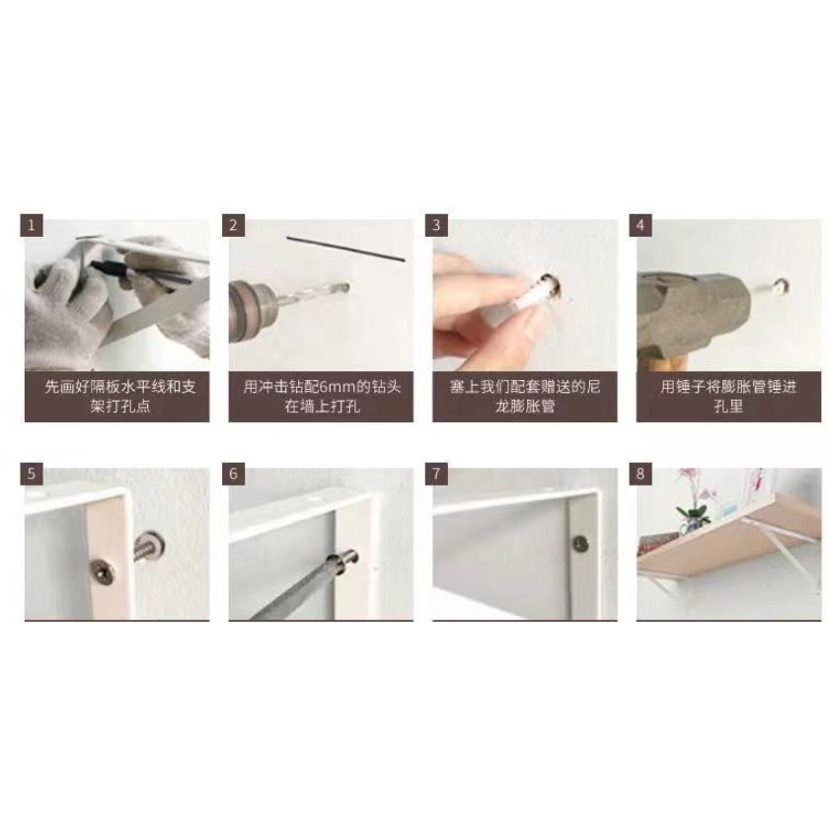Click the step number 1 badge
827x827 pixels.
click(x=32, y=225)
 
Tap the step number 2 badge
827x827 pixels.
click(x=233, y=225)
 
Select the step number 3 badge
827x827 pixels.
click(x=436, y=225)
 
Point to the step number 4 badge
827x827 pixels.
click(x=640, y=225)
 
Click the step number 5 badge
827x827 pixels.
click(x=32, y=474)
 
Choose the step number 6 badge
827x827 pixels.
click(x=233, y=474)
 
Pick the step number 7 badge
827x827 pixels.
click(x=436, y=474)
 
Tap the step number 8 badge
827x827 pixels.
click(x=640, y=474)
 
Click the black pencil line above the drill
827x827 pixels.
click(x=346, y=249)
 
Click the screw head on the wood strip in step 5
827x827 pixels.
click(x=101, y=567)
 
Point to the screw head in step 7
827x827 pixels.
click(x=580, y=544)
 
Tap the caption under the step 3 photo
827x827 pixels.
click(x=525, y=397)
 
